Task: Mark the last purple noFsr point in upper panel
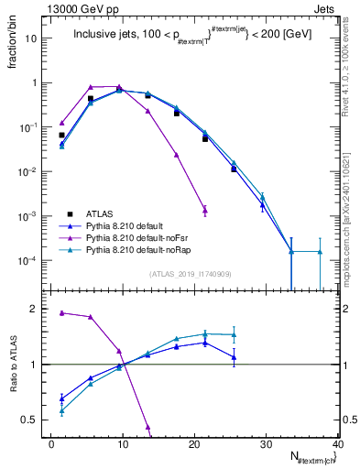205,210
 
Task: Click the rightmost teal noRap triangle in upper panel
320,251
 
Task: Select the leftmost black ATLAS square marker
61,135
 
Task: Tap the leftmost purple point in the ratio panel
61,312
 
